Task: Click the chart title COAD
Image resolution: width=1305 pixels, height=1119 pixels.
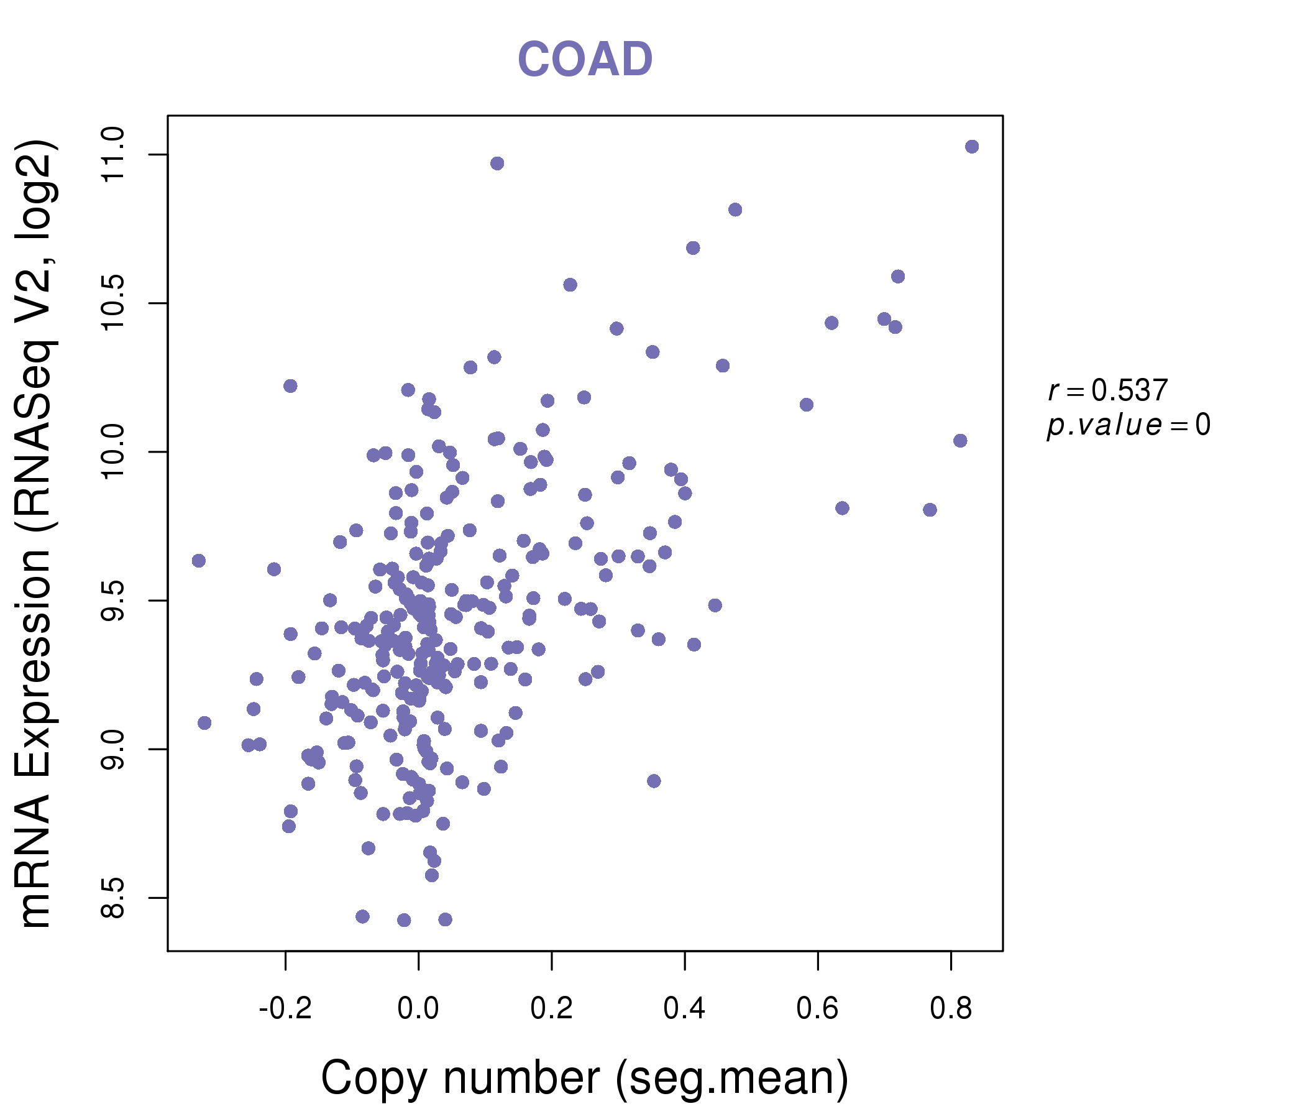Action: pyautogui.click(x=585, y=59)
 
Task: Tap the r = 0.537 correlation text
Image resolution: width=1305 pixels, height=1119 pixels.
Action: pyautogui.click(x=1108, y=390)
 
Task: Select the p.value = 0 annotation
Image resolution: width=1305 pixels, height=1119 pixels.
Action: pyautogui.click(x=1128, y=425)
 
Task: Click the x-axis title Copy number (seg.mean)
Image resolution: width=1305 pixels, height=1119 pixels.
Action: pyautogui.click(x=585, y=1078)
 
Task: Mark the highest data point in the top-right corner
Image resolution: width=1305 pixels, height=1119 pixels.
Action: pyautogui.click(x=972, y=147)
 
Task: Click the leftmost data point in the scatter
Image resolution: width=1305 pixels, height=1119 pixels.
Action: pyautogui.click(x=199, y=561)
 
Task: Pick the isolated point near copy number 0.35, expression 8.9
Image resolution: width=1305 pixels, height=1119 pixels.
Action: pyautogui.click(x=654, y=781)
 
